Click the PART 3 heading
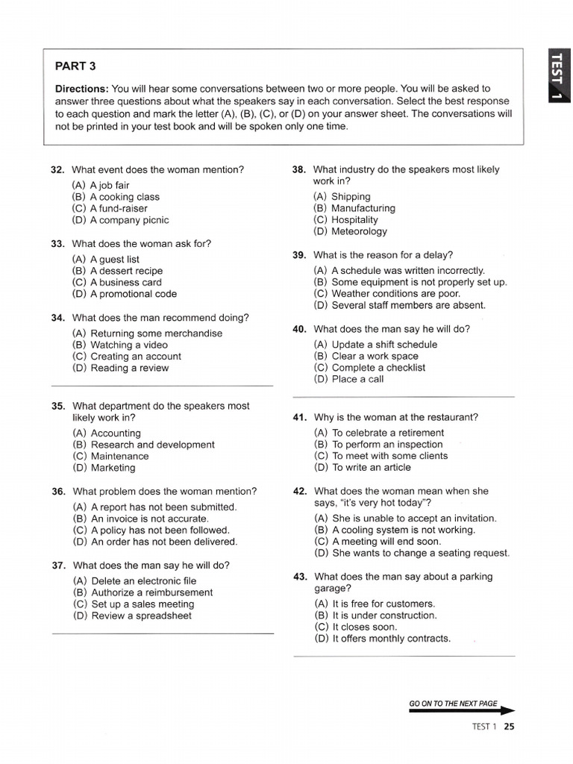click(x=75, y=66)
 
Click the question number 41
click(x=300, y=418)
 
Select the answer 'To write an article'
click(x=362, y=467)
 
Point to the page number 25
click(x=509, y=727)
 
